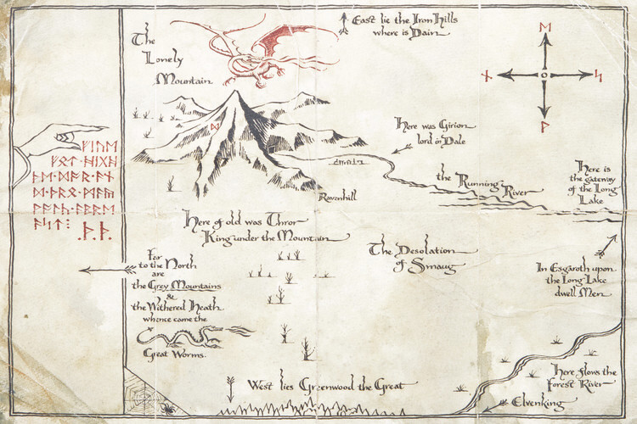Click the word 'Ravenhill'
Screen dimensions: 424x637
(x=336, y=197)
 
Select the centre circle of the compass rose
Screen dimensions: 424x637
(x=544, y=75)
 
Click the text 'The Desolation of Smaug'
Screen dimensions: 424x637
(x=422, y=259)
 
